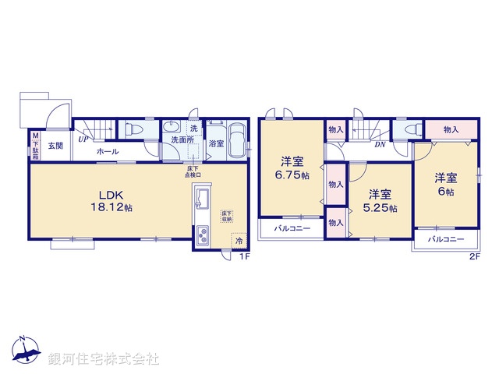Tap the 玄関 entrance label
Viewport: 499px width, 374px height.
pyautogui.click(x=55, y=146)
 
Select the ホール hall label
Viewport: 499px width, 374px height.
pyautogui.click(x=108, y=151)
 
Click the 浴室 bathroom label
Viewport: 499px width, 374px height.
pyautogui.click(x=216, y=144)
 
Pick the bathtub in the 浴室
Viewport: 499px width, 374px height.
pyautogui.click(x=237, y=140)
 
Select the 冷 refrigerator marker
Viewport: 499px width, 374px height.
pyautogui.click(x=239, y=242)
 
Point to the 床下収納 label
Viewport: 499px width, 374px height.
pyautogui.click(x=225, y=217)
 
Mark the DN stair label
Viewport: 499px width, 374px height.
pyautogui.click(x=380, y=144)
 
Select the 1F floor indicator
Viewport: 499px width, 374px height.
pyautogui.click(x=243, y=256)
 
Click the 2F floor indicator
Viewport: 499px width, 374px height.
pyautogui.click(x=473, y=256)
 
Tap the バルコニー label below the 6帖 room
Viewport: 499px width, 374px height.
pyautogui.click(x=446, y=240)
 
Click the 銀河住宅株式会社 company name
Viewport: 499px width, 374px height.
pyautogui.click(x=104, y=359)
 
